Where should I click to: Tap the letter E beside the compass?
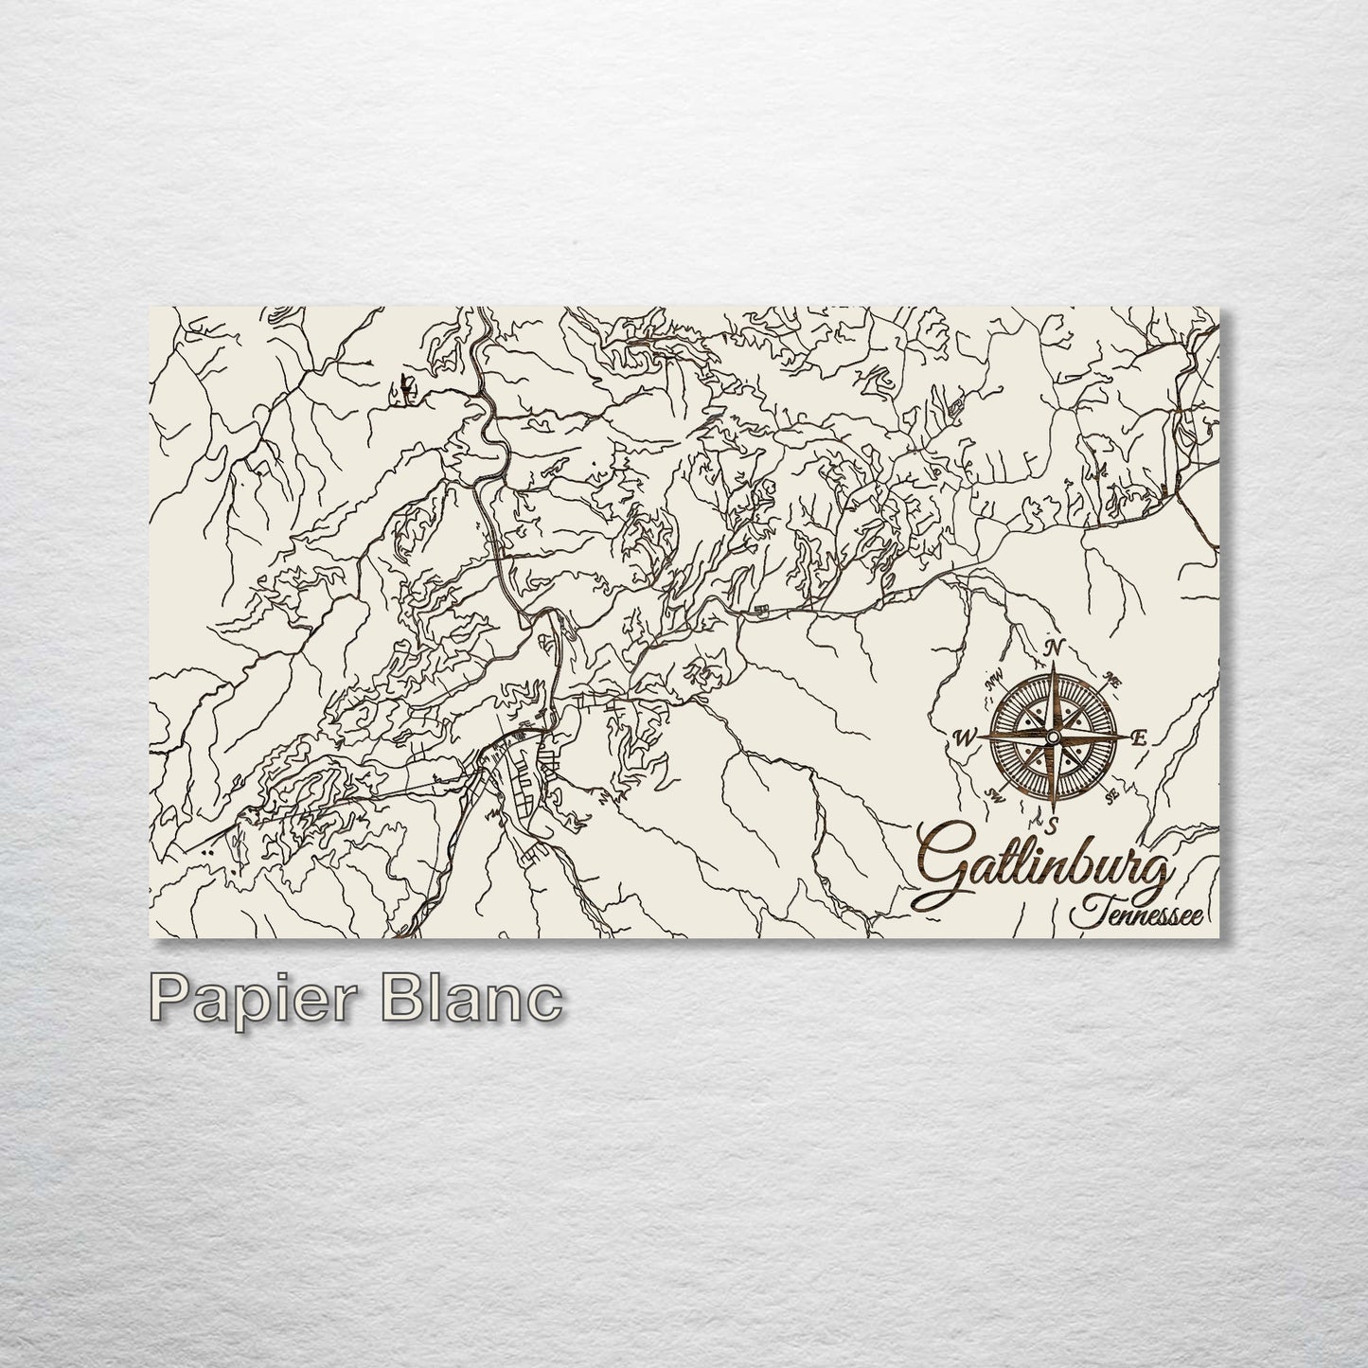pyautogui.click(x=1139, y=739)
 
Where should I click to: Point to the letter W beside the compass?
pyautogui.click(x=965, y=739)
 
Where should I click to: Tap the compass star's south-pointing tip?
pyautogui.click(x=1053, y=810)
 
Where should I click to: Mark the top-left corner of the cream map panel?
pyautogui.click(x=151, y=309)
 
